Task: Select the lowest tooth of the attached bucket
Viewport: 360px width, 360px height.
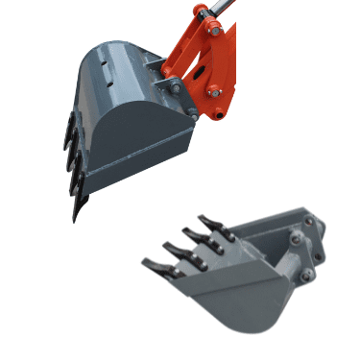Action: point(78,206)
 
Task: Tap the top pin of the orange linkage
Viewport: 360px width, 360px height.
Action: point(201,12)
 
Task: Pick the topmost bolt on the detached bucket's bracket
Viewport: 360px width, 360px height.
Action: point(307,222)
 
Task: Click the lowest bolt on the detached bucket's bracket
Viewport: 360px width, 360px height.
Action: point(304,277)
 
